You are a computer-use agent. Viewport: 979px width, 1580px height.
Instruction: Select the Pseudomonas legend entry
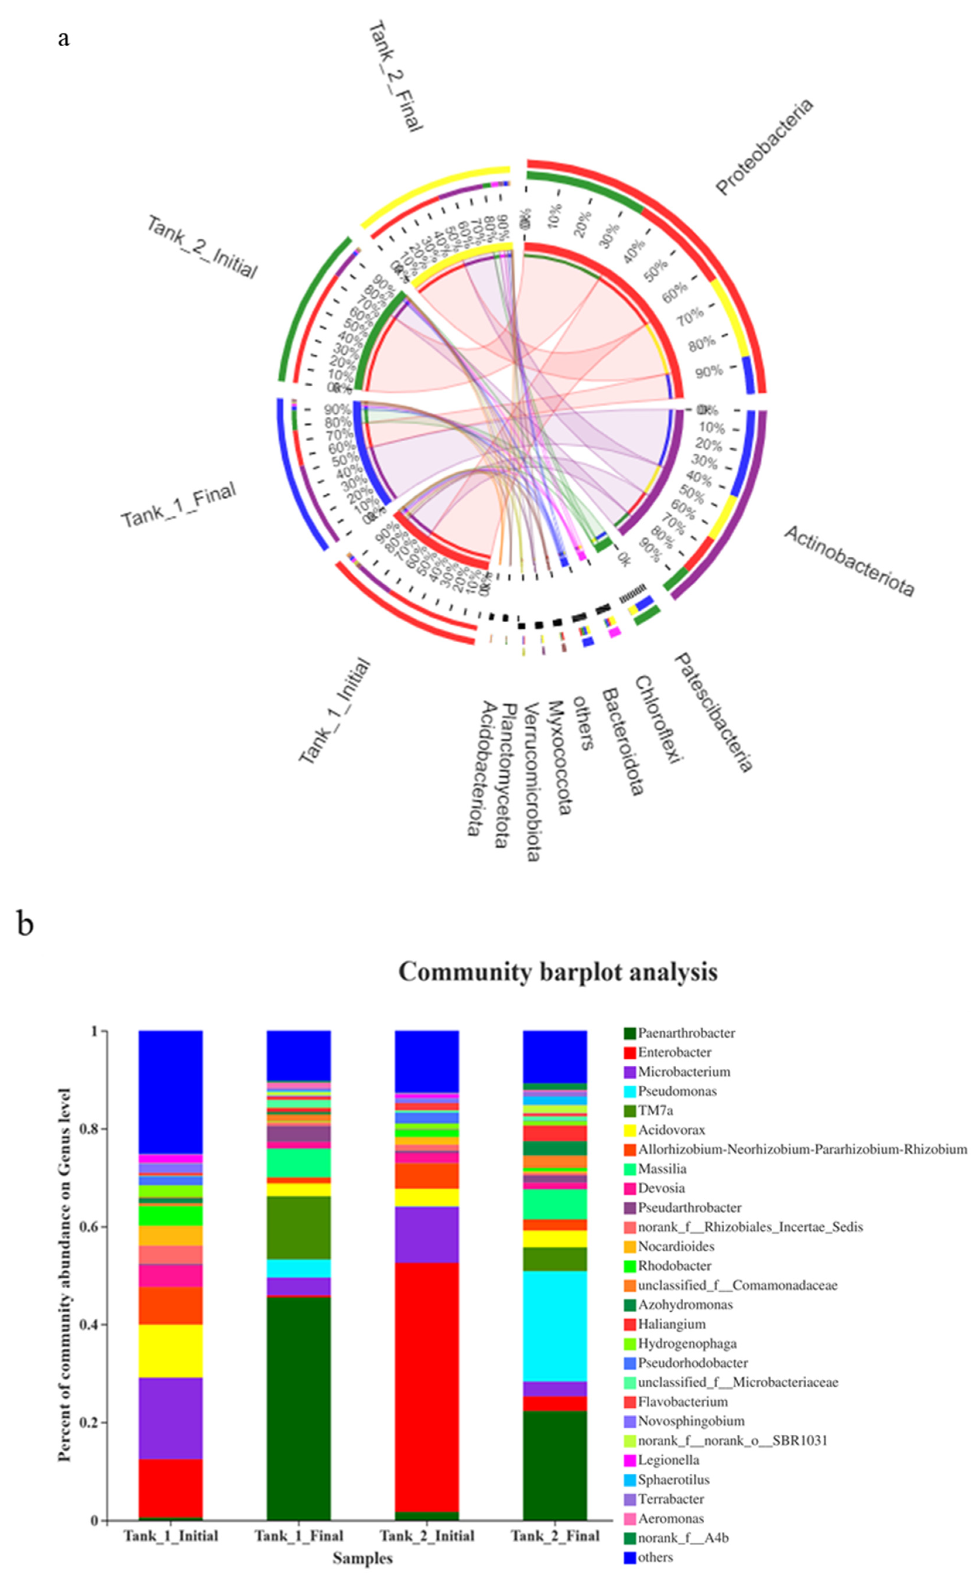677,1091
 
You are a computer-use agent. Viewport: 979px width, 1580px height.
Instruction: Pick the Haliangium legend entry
671,1324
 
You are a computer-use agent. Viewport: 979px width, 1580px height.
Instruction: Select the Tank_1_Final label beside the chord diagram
179,505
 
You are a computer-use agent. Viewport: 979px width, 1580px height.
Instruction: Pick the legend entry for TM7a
655,1111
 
